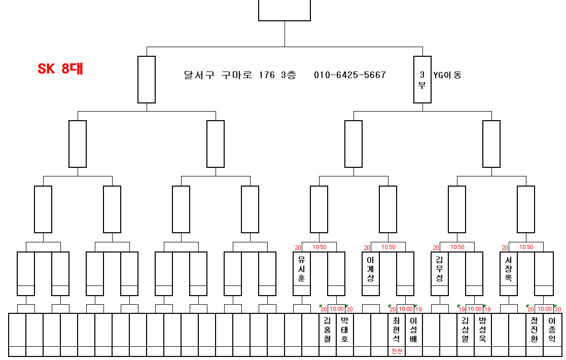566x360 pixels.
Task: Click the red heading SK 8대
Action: tap(60, 69)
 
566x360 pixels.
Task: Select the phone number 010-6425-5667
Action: tap(350, 75)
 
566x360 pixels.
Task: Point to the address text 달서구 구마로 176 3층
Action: tap(240, 75)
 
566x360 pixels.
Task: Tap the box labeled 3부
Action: tap(422, 80)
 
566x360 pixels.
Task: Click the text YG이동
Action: tap(447, 75)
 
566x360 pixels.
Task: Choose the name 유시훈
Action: tap(302, 268)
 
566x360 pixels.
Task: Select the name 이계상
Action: tap(371, 268)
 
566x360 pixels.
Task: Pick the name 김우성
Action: tap(440, 268)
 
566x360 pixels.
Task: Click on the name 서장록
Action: tap(509, 268)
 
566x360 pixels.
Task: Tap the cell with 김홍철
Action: tap(328, 330)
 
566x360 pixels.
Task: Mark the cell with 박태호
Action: tap(345, 330)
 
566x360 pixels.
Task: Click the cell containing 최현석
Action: tap(397, 330)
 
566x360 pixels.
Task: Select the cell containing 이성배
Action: tap(414, 330)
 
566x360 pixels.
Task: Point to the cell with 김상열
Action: tap(466, 330)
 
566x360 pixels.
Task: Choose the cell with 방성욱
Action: tap(483, 330)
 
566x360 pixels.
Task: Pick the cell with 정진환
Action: tap(535, 330)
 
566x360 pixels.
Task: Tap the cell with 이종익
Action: tap(552, 330)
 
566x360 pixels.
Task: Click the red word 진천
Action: tap(397, 351)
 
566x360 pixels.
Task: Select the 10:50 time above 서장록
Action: tap(526, 247)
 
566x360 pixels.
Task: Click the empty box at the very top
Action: tap(285, 10)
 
